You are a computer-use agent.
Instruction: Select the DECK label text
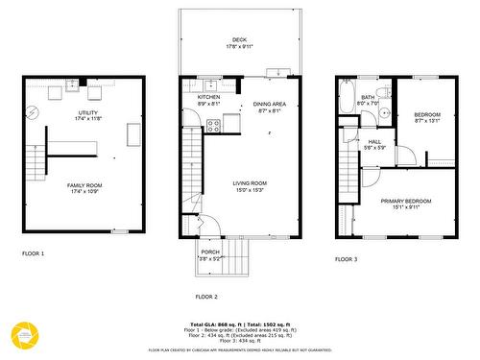click(238, 39)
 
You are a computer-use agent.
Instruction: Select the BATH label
click(368, 97)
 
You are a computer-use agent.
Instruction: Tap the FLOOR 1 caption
click(34, 254)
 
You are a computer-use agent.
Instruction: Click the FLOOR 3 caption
click(346, 259)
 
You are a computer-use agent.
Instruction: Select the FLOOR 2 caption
click(206, 297)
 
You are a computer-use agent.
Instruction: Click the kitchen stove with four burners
click(231, 122)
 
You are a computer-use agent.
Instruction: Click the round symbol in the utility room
click(35, 111)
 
